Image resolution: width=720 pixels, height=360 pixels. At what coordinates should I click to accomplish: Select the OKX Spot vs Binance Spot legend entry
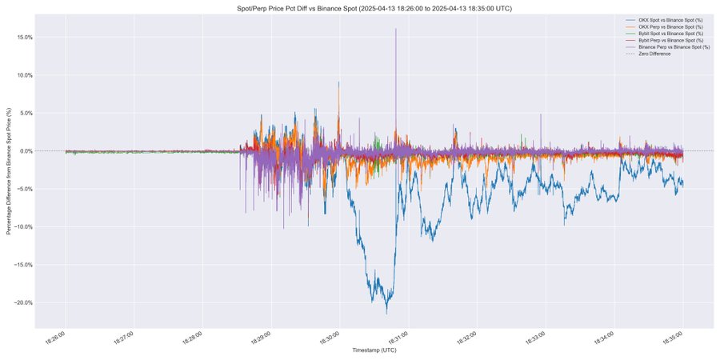click(x=672, y=18)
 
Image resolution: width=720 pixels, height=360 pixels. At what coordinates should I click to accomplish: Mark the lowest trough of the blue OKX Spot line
click(x=387, y=313)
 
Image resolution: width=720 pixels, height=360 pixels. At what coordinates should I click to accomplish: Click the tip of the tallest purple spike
click(x=395, y=29)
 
